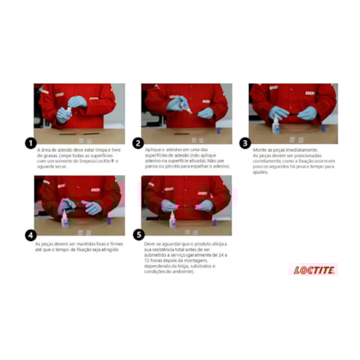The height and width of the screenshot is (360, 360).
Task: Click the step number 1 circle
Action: pos(31,143)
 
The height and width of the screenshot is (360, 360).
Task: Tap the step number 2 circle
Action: pos(138,143)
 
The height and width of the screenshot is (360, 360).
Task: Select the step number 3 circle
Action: pos(245,143)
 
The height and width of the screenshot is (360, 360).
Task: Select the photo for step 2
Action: pos(185,113)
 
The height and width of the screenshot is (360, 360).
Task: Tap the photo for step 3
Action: pos(293,113)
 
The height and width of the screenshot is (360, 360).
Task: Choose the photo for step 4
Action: pos(78,205)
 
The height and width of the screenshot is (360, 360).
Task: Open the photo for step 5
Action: pos(185,205)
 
